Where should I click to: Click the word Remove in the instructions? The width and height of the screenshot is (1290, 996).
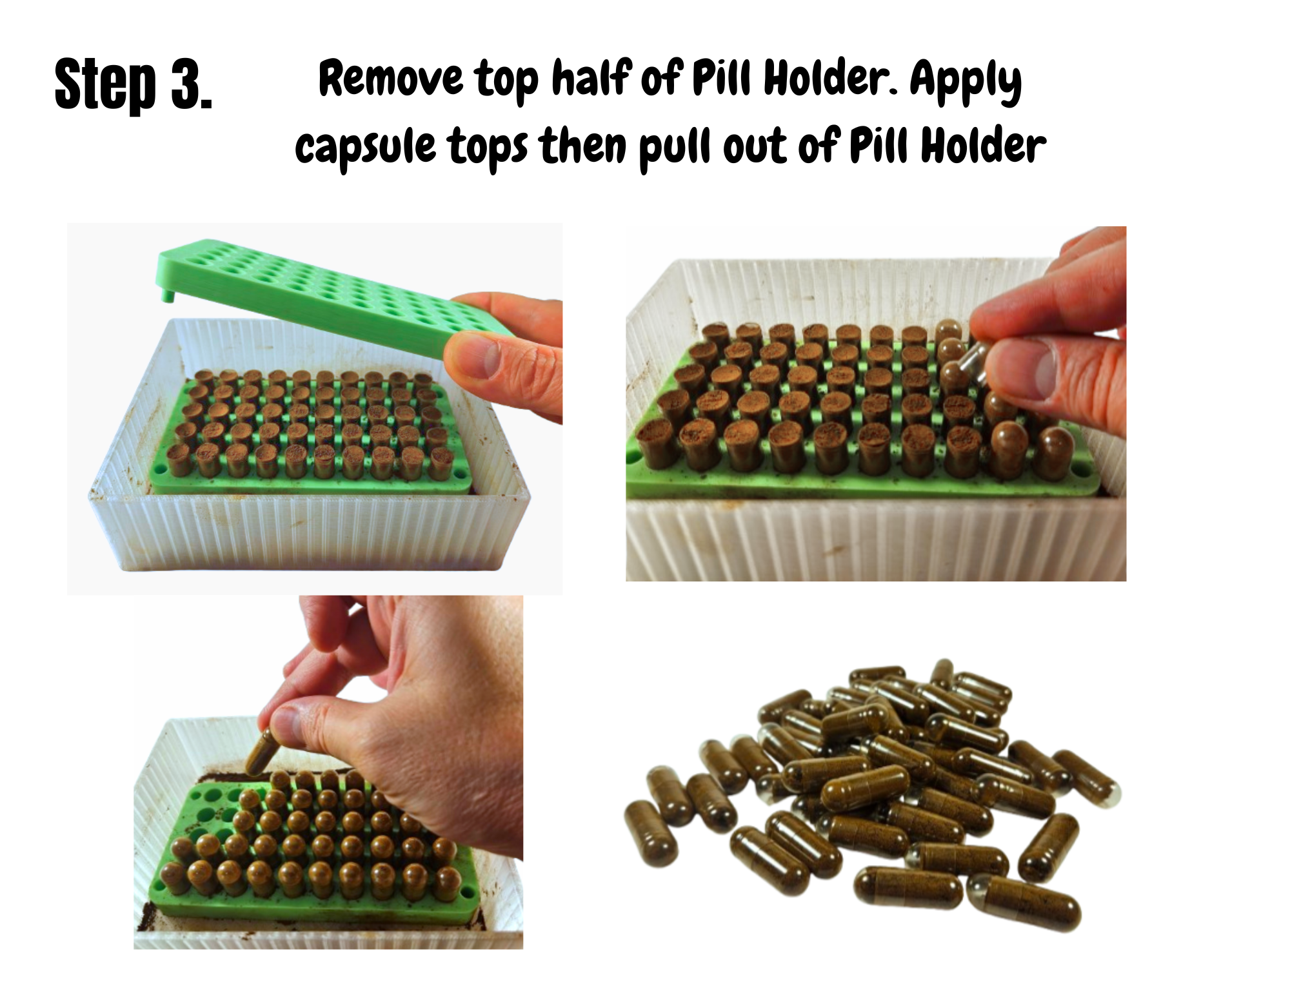click(x=391, y=79)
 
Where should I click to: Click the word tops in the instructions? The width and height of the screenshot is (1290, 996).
click(x=488, y=148)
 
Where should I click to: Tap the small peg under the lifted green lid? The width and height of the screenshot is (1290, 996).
click(x=168, y=296)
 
